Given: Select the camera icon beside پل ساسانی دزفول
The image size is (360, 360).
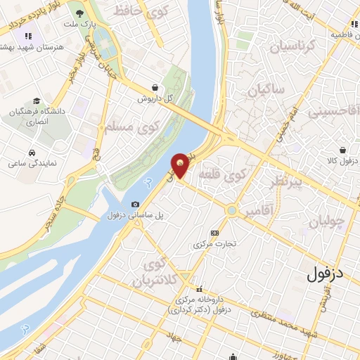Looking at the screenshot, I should pos(135,203).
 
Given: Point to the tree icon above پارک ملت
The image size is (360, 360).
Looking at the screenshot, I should pos(82,13).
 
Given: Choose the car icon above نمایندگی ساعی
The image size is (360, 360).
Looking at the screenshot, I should pos(32,153).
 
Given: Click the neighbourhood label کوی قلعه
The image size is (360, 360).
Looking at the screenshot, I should pos(222,174).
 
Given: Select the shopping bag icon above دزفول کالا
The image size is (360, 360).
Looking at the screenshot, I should pos(341,150).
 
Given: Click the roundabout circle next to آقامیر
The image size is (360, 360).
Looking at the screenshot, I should pos(231,210).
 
